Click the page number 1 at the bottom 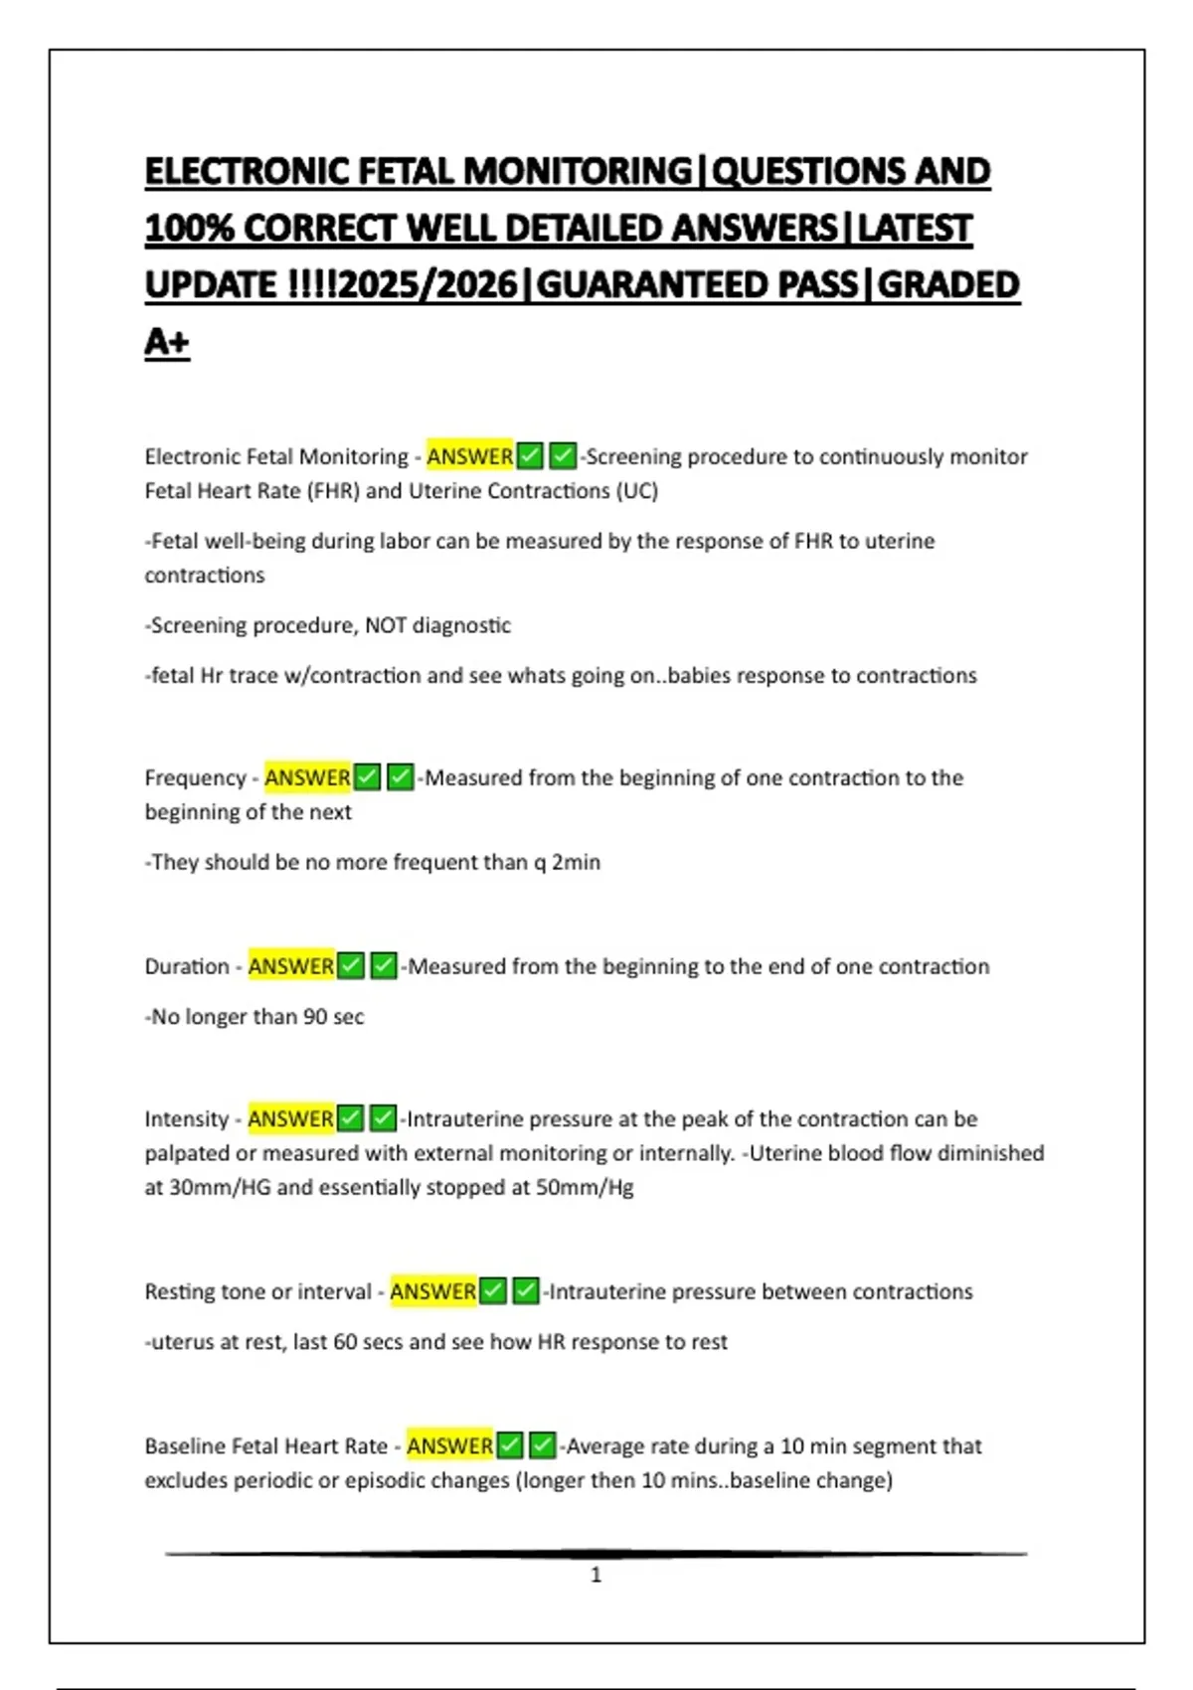[x=596, y=1575]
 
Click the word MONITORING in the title [x=578, y=171]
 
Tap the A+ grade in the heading [x=167, y=342]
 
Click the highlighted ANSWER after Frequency [x=307, y=777]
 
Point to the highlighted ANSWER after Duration [x=290, y=966]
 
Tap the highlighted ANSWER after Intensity [x=290, y=1119]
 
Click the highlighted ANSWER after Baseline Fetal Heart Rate [x=449, y=1446]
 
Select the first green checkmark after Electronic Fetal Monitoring [x=530, y=456]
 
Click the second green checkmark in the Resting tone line [x=526, y=1291]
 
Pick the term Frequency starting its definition [x=195, y=777]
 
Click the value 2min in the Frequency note [x=576, y=862]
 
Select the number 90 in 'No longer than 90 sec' [x=315, y=1017]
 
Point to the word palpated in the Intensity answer [x=184, y=1153]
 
